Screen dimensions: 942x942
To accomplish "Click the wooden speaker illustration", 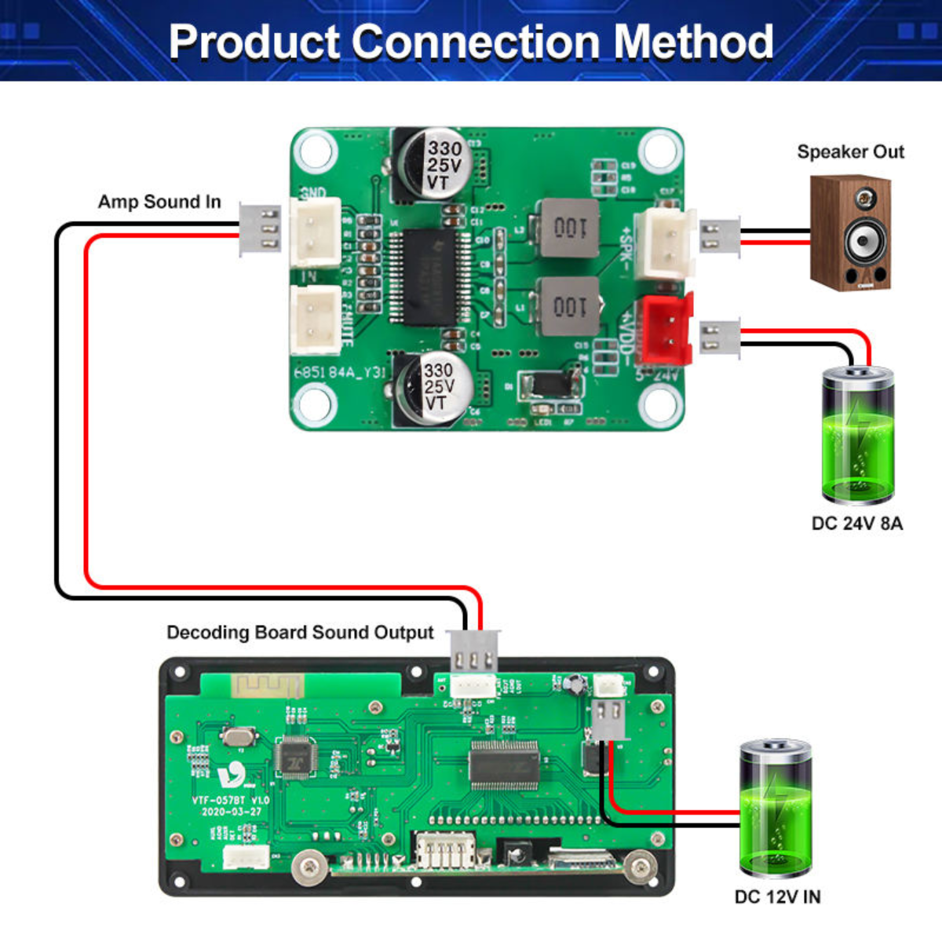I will [851, 232].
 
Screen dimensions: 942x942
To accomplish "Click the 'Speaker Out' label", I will [850, 152].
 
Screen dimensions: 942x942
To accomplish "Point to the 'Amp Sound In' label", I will [159, 202].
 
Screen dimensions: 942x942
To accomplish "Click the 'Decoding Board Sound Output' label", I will [300, 633].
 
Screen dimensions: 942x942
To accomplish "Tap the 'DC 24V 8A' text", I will [857, 524].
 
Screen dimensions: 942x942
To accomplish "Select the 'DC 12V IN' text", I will [777, 896].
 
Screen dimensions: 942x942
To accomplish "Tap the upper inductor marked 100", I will [568, 228].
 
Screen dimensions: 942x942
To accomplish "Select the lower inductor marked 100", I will [568, 305].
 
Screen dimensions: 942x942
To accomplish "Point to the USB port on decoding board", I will [444, 851].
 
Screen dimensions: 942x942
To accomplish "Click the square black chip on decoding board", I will [295, 758].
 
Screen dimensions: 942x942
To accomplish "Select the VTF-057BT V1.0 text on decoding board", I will [230, 801].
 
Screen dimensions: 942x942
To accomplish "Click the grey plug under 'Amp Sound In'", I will [260, 230].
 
